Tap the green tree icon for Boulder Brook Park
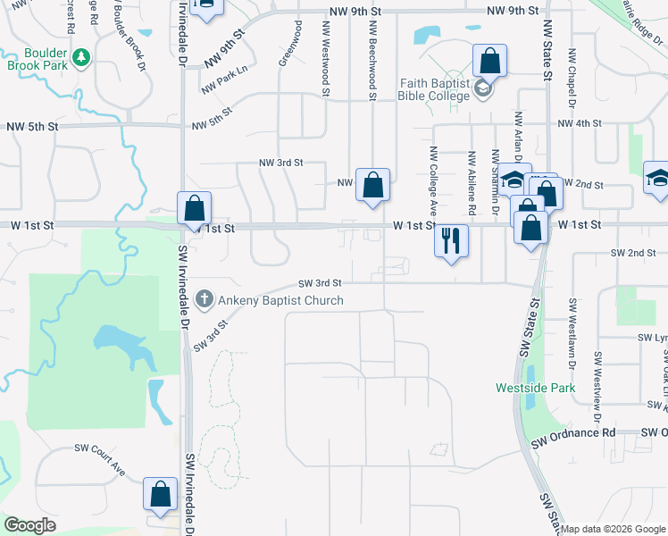click(x=81, y=57)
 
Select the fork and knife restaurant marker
click(x=451, y=240)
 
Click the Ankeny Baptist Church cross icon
click(x=204, y=299)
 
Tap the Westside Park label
click(x=536, y=388)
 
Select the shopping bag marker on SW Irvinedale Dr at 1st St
click(x=194, y=209)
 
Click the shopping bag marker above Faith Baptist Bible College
click(x=489, y=62)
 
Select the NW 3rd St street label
click(x=280, y=163)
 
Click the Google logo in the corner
click(x=29, y=525)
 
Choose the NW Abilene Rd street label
click(x=471, y=184)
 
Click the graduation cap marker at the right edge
click(x=657, y=177)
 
